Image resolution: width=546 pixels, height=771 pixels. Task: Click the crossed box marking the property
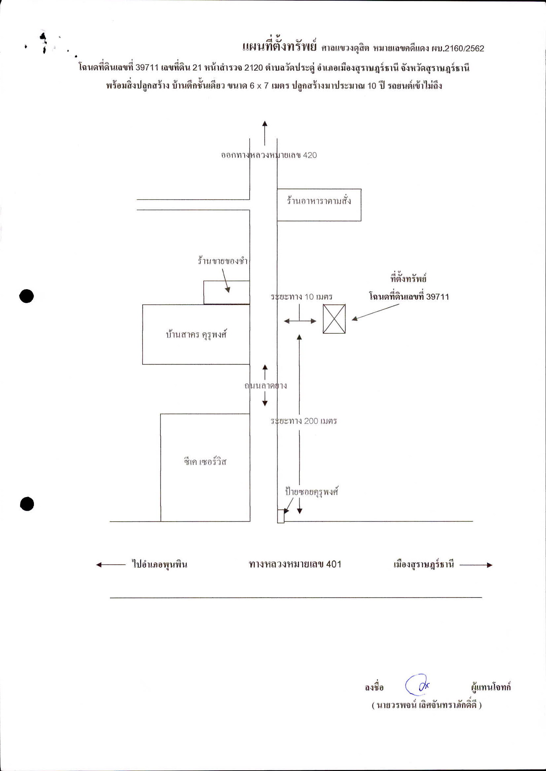tap(334, 319)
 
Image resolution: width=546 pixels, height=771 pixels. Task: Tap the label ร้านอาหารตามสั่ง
tap(319, 201)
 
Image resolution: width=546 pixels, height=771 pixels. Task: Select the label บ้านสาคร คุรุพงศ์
tap(196, 335)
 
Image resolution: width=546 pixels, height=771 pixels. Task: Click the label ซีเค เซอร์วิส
tap(205, 461)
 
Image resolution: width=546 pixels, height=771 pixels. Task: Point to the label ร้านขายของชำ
tap(223, 261)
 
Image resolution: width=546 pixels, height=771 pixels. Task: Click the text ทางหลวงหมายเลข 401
tap(295, 564)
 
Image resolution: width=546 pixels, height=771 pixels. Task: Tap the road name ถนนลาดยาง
tap(265, 386)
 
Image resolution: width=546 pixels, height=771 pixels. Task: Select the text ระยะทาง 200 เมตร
tap(304, 421)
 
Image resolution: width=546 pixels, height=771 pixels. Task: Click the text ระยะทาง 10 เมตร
tap(302, 296)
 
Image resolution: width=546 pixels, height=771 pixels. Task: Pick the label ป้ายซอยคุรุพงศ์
tap(311, 492)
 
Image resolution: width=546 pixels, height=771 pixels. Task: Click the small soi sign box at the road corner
tap(281, 516)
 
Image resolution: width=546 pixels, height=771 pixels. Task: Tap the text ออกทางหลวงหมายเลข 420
tap(269, 155)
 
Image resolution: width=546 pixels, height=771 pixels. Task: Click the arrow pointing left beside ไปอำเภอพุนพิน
tap(111, 565)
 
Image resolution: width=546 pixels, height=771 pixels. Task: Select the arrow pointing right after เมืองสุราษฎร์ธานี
tap(476, 565)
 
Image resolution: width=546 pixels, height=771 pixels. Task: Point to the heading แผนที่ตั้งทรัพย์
tap(279, 46)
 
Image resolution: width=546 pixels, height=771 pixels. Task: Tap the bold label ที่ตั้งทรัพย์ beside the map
tap(408, 279)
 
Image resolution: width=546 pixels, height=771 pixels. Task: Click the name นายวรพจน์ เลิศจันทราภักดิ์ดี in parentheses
tap(427, 705)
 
